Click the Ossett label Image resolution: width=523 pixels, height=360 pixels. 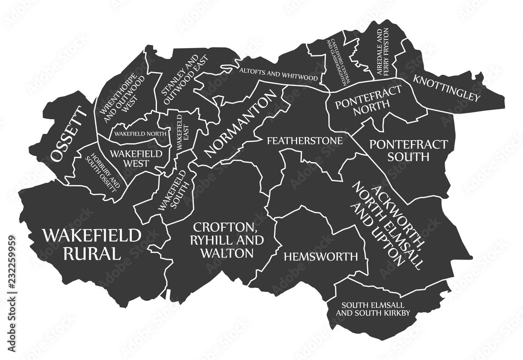coord(68,134)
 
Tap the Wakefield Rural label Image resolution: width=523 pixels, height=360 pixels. coord(92,244)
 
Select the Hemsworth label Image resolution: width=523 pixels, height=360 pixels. coord(321,256)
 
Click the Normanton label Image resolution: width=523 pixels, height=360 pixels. coord(240,124)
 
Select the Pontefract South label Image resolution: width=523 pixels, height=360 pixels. coord(408,150)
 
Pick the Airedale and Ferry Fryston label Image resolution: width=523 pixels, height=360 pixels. coord(383,53)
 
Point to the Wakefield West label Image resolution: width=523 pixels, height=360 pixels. coord(140,158)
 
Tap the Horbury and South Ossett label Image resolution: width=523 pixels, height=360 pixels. coord(106,170)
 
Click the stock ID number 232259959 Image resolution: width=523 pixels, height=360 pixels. coord(11,271)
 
